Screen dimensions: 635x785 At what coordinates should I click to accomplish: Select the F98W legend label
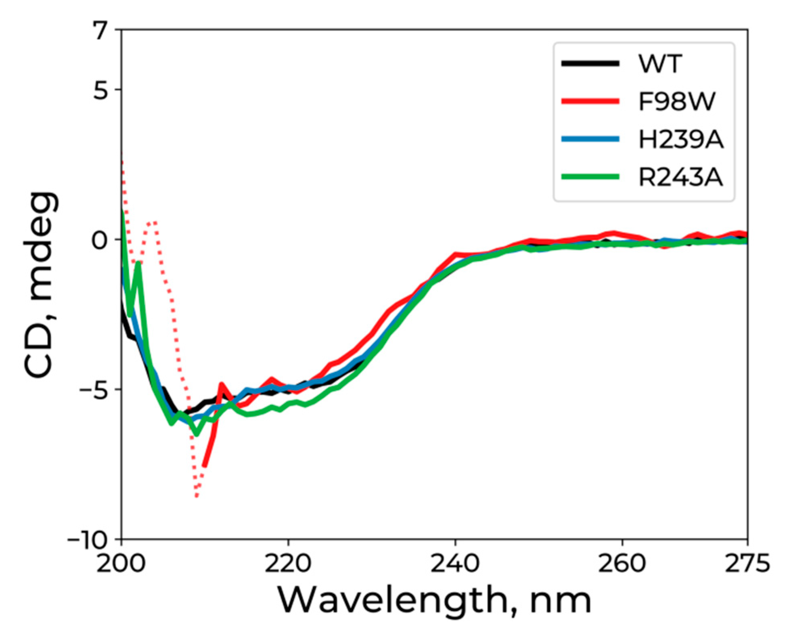[x=676, y=101]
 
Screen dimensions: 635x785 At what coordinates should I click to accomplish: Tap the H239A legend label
[x=680, y=139]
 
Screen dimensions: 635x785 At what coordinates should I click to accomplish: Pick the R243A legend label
[x=680, y=177]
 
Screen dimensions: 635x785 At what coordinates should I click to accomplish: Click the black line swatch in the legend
[x=590, y=63]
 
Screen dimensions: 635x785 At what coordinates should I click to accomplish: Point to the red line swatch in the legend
[x=590, y=101]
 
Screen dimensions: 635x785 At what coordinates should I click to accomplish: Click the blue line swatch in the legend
[x=590, y=139]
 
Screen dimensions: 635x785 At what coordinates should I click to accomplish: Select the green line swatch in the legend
[x=590, y=177]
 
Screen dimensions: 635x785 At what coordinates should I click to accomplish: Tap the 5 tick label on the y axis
[x=101, y=90]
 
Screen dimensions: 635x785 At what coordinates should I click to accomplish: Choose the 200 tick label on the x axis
[x=121, y=563]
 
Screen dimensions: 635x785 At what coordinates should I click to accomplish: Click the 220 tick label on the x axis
[x=288, y=563]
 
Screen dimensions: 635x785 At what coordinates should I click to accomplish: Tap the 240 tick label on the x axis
[x=455, y=563]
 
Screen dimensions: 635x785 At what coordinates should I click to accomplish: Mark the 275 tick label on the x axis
[x=747, y=563]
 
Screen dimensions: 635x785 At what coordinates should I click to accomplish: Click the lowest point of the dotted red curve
[x=197, y=497]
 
